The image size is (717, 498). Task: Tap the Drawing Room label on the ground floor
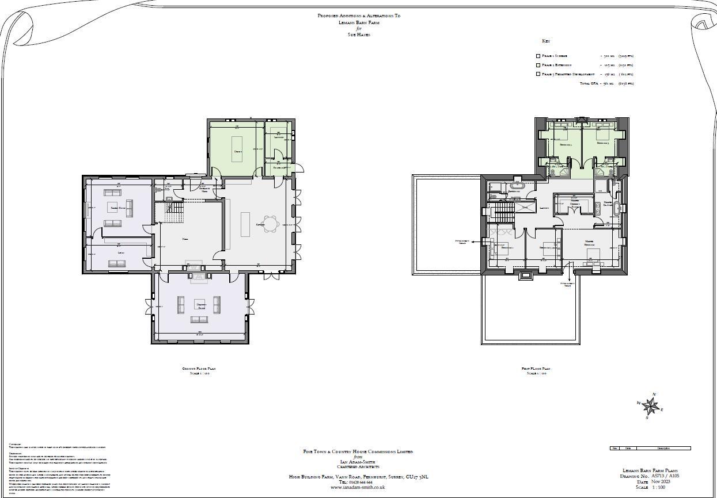click(x=201, y=306)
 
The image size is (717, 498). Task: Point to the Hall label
click(x=185, y=239)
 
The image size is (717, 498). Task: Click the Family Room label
click(x=119, y=207)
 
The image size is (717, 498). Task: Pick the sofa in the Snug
click(x=117, y=263)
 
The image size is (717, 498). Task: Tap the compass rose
click(x=651, y=407)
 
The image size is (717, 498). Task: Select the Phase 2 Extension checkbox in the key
click(x=538, y=65)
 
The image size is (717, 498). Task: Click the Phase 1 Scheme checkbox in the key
click(x=538, y=56)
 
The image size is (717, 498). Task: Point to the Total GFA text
click(x=590, y=83)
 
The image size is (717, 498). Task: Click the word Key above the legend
click(x=546, y=41)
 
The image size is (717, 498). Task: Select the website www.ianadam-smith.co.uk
click(x=358, y=488)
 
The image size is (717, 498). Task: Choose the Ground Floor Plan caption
click(x=199, y=369)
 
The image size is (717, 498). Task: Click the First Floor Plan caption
click(x=536, y=369)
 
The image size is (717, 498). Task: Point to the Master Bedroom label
click(x=589, y=243)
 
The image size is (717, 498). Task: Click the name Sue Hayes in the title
click(x=359, y=35)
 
